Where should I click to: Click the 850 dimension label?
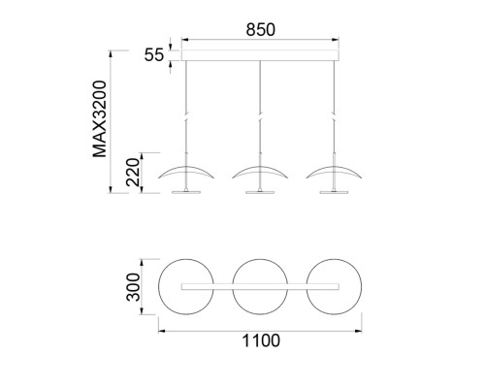coord(261,30)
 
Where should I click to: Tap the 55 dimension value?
coord(154,55)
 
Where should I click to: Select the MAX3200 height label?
coord(100,119)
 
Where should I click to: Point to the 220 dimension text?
coord(133,173)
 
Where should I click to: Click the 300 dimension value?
coord(133,287)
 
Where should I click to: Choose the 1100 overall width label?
coord(261,340)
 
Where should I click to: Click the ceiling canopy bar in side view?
coord(260,55)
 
